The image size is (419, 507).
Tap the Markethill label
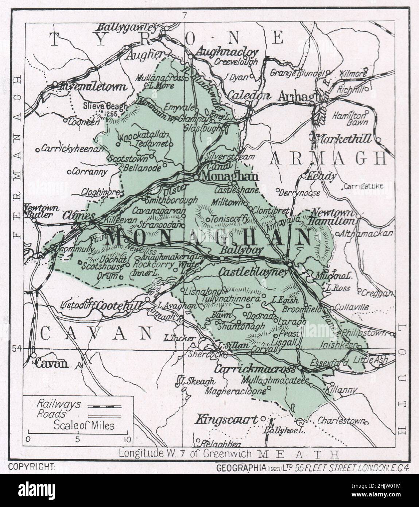(x=345, y=139)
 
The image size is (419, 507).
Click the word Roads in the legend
(x=51, y=414)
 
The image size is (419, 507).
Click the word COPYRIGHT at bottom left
(x=32, y=467)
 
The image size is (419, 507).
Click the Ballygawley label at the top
(x=127, y=27)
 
